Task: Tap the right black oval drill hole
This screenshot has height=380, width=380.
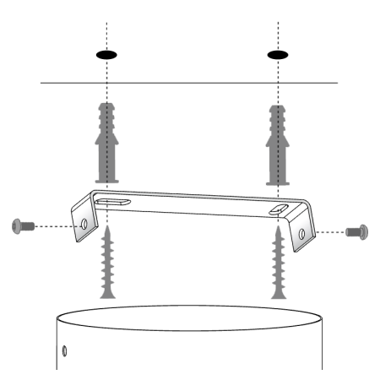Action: coord(278,55)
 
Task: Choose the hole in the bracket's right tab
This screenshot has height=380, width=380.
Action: coord(302,232)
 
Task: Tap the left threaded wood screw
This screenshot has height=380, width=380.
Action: coord(106,266)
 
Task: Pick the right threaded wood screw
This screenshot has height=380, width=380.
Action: coord(278,266)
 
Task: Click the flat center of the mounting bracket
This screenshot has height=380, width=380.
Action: coord(194,203)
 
